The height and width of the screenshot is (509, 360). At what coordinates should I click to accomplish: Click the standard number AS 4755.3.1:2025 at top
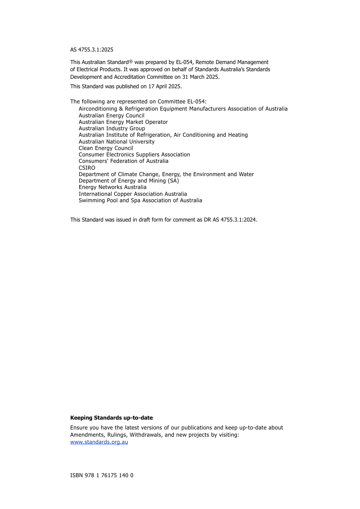(x=92, y=50)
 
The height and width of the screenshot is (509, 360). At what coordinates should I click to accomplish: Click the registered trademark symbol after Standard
(x=131, y=61)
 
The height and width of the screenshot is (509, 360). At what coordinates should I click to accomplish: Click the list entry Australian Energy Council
(x=111, y=116)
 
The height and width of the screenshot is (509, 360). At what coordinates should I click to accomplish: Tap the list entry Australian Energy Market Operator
(x=123, y=122)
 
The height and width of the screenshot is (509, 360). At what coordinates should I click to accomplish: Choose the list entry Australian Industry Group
(x=112, y=128)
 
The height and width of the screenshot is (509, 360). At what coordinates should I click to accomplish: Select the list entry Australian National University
(x=116, y=142)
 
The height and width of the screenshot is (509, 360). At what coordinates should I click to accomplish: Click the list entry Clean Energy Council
(x=106, y=148)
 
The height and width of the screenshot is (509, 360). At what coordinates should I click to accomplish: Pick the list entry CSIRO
(x=87, y=168)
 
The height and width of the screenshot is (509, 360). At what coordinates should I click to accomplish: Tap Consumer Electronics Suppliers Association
(x=134, y=155)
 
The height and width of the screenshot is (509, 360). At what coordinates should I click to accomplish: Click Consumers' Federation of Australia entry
(x=124, y=161)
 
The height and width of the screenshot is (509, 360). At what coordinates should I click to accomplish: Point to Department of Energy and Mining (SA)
(x=129, y=181)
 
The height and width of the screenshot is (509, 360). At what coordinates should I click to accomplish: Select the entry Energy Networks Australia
(x=113, y=187)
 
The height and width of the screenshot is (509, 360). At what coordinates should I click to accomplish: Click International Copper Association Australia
(x=133, y=194)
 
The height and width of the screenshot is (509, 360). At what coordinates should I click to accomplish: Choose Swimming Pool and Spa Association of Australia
(x=140, y=200)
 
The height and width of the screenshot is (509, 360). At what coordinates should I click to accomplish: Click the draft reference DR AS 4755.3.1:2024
(x=230, y=220)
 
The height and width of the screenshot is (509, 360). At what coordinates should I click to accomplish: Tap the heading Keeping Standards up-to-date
(x=111, y=418)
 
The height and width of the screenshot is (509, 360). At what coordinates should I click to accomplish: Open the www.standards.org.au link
(x=99, y=442)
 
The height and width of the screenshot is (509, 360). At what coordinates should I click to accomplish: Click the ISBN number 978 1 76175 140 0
(x=109, y=475)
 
